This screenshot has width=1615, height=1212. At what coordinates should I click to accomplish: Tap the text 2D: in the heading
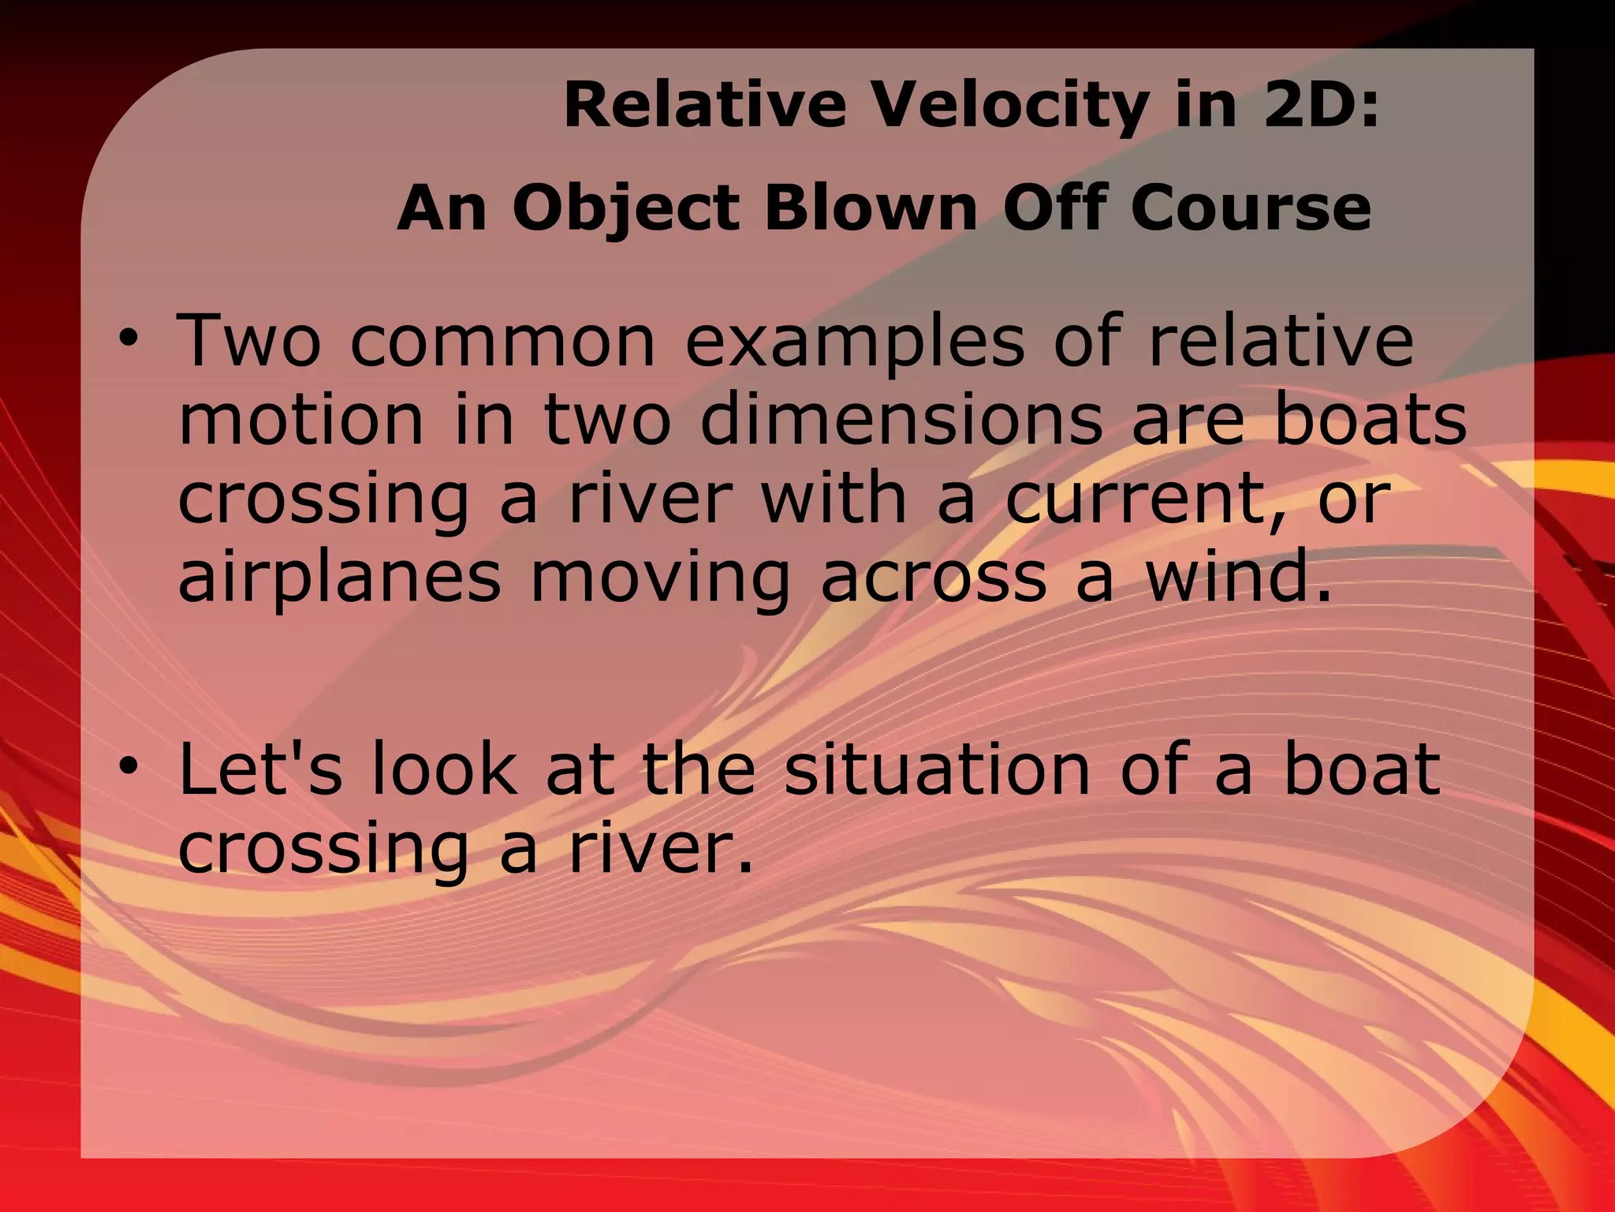pyautogui.click(x=1322, y=106)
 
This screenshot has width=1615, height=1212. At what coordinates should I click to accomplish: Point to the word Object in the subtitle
pyautogui.click(x=627, y=208)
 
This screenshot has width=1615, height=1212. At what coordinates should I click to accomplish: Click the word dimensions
pyautogui.click(x=902, y=419)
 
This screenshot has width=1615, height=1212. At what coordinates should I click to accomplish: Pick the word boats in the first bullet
pyautogui.click(x=1371, y=419)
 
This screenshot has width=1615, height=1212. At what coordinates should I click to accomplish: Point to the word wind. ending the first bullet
pyautogui.click(x=1238, y=577)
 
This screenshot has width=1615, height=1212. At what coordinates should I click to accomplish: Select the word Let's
pyautogui.click(x=261, y=769)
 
